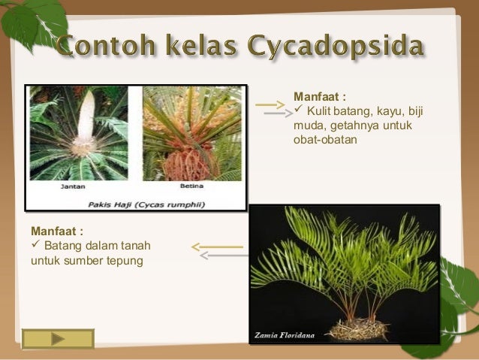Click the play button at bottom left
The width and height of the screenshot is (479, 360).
tap(58, 340)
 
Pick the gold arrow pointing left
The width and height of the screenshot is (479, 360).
tap(218, 246)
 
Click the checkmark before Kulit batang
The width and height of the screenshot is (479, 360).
tap(298, 111)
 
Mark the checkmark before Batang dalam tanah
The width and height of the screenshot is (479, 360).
tap(35, 247)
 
